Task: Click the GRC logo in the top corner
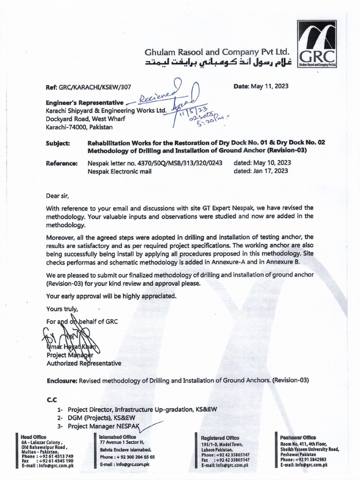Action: click(x=317, y=44)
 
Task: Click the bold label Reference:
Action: click(x=61, y=163)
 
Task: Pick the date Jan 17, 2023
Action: click(x=273, y=171)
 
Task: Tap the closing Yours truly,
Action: click(x=62, y=309)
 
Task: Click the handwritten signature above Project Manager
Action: click(x=70, y=339)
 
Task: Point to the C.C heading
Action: click(x=52, y=400)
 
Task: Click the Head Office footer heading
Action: click(x=34, y=437)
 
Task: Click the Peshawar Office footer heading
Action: click(x=298, y=437)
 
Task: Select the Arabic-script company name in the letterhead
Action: click(x=211, y=63)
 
